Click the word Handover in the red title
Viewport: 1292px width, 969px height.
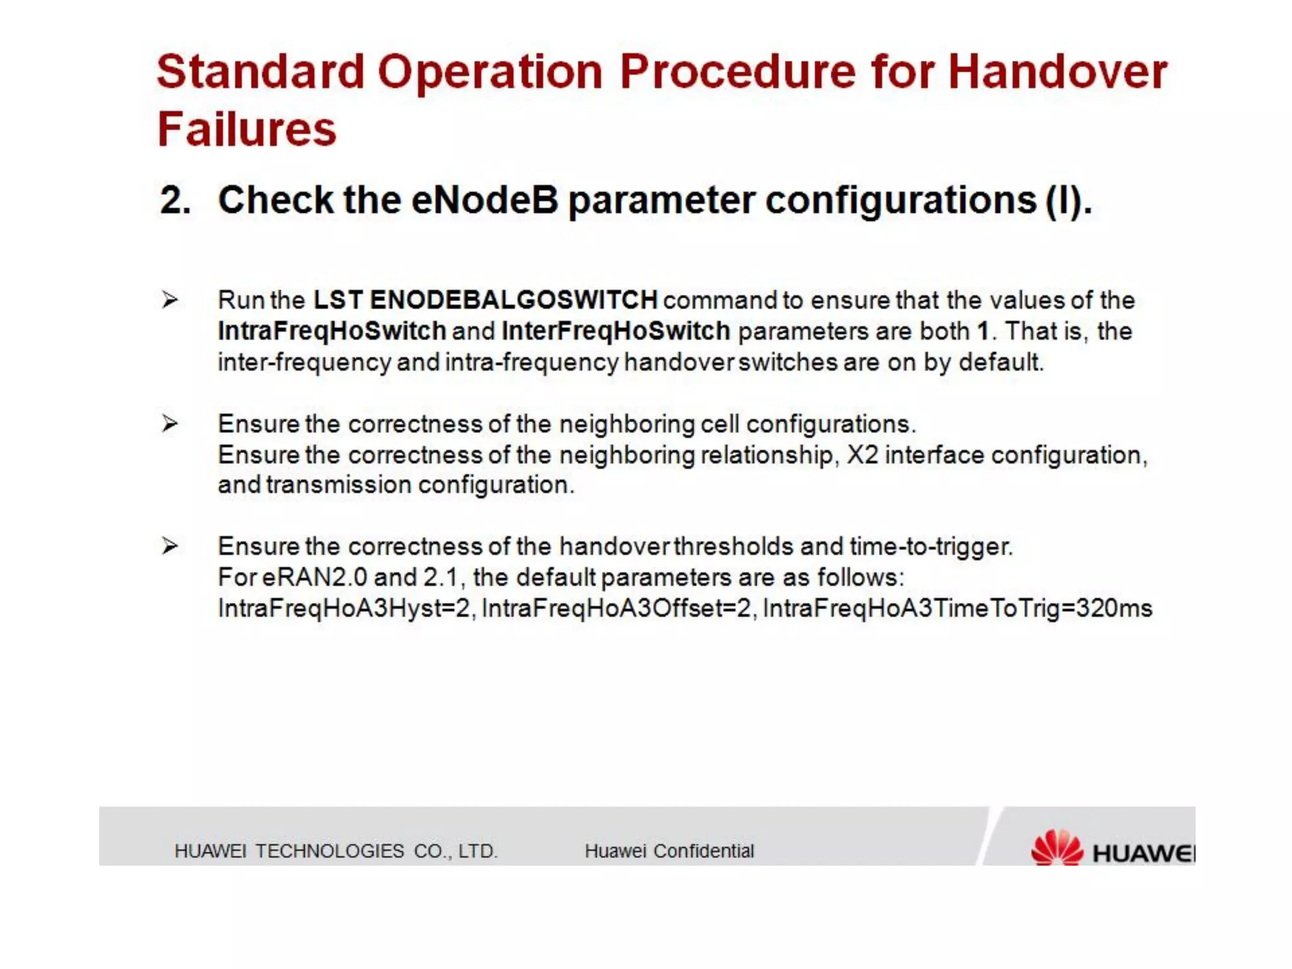(x=1057, y=71)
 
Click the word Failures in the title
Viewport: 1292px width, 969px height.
(x=247, y=129)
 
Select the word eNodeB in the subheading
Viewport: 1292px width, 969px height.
(x=484, y=201)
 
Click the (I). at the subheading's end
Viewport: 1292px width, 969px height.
(x=1068, y=201)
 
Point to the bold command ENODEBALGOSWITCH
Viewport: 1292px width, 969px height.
(x=514, y=300)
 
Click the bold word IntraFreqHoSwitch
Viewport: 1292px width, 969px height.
(x=332, y=331)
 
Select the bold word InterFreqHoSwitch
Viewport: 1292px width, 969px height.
(x=615, y=331)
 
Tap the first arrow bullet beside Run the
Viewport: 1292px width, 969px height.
(x=169, y=300)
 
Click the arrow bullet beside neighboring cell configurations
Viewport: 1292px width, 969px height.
(x=169, y=423)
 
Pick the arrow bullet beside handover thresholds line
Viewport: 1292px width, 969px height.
(x=169, y=546)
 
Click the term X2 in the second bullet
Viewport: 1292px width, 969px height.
(x=862, y=455)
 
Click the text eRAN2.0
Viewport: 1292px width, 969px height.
(x=314, y=577)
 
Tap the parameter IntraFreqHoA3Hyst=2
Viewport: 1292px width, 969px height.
(x=345, y=608)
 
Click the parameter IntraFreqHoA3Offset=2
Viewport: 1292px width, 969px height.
(x=618, y=608)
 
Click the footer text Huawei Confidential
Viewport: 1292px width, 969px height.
(x=669, y=851)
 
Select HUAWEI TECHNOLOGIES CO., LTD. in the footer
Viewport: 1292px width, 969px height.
(x=336, y=851)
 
